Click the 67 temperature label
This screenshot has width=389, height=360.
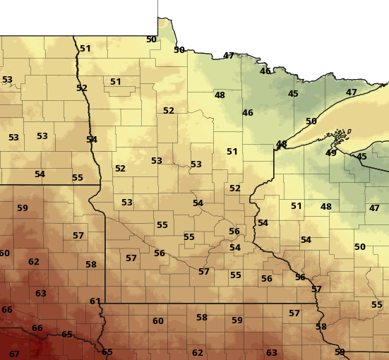coord(14,354)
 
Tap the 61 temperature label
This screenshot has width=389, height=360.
coord(95,301)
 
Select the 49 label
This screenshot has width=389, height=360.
coord(331,152)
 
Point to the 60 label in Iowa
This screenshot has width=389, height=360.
coord(158,321)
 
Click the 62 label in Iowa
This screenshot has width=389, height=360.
coord(198,352)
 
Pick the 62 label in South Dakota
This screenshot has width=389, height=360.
coord(34,262)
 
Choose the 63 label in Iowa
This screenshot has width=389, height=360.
coord(272,352)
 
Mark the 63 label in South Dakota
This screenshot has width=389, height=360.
coord(41,293)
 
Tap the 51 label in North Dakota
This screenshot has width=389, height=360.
coord(85,49)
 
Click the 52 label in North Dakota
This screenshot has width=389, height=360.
coord(82,88)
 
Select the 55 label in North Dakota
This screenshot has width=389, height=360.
coord(78,178)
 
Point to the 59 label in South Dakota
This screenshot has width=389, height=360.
coord(23,208)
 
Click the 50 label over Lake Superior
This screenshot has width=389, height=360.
coord(311,121)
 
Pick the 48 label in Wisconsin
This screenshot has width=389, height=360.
coord(326,207)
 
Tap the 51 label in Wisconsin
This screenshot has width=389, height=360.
coord(297,206)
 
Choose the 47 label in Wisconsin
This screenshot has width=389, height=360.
coord(374,208)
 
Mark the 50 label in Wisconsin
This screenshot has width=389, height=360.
coord(360,246)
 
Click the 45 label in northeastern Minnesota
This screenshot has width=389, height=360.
coord(293,94)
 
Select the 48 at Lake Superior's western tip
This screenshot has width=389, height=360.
coord(282,144)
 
